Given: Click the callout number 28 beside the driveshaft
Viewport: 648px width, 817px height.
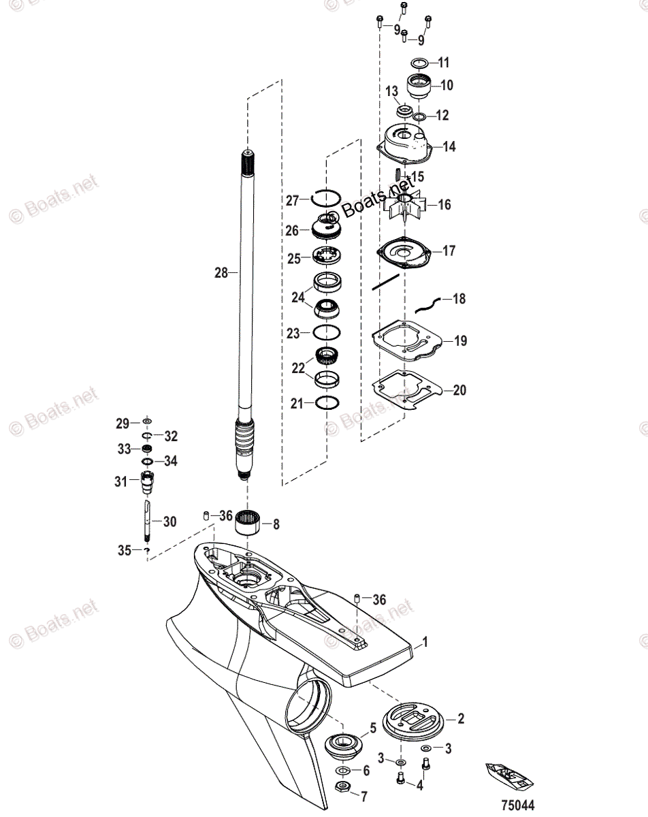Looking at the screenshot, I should click(221, 272).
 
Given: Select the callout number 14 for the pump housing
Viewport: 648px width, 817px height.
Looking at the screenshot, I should click(449, 146).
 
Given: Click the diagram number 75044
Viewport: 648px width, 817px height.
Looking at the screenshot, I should click(519, 805).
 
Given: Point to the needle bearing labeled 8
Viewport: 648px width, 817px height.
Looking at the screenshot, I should click(248, 524).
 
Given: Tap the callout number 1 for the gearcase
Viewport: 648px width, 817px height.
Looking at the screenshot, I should click(425, 641).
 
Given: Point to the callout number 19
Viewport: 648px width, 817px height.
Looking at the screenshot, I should click(461, 341).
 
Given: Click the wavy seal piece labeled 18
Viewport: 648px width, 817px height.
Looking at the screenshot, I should click(427, 298).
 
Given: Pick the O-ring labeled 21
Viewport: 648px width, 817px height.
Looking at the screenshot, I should click(326, 403).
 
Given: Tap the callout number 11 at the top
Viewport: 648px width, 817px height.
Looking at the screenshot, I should click(444, 63).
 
